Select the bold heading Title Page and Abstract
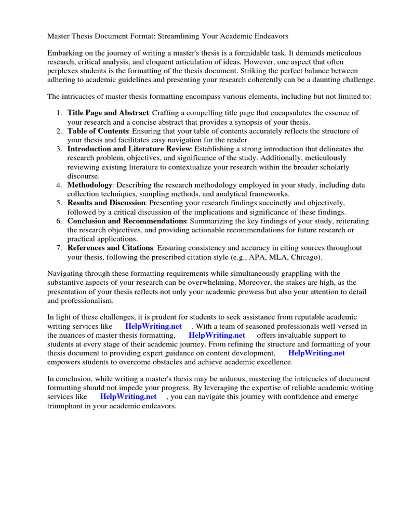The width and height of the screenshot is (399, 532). pyautogui.click(x=108, y=113)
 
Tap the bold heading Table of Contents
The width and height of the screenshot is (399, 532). pyautogui.click(x=98, y=131)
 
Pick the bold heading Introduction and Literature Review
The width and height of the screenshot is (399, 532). pyautogui.click(x=129, y=149)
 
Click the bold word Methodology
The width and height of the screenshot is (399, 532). pyautogui.click(x=90, y=185)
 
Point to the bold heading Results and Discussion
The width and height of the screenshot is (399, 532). pyautogui.click(x=107, y=203)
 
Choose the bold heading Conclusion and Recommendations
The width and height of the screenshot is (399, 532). pyautogui.click(x=126, y=221)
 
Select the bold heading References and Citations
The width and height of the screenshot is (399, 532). pyautogui.click(x=110, y=248)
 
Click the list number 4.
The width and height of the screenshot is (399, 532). pyautogui.click(x=59, y=185)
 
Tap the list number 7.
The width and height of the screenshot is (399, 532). pyautogui.click(x=59, y=248)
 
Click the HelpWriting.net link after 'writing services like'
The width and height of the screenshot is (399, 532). pyautogui.click(x=154, y=326)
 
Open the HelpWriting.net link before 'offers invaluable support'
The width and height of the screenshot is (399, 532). pyautogui.click(x=217, y=335)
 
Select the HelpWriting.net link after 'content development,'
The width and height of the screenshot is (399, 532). pyautogui.click(x=316, y=353)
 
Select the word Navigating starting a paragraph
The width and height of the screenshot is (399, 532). pyautogui.click(x=68, y=273)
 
